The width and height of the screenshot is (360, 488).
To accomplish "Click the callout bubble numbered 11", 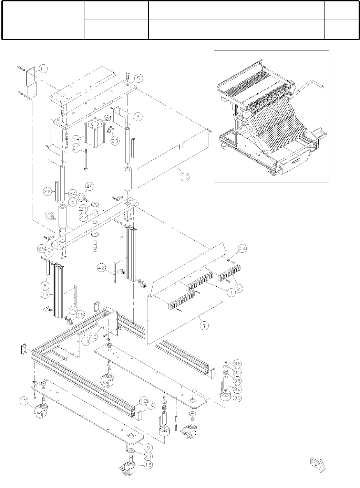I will click(43, 69).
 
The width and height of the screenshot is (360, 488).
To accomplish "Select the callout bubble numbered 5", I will click(138, 78).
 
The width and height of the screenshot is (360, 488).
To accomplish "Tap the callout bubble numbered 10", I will click(185, 177).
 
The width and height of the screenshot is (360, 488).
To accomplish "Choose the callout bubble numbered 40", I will click(90, 187).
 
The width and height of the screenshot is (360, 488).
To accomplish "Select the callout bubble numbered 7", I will click(205, 325).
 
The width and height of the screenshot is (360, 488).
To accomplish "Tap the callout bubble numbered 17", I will click(24, 401).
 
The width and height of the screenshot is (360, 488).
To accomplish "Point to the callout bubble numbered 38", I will click(237, 364).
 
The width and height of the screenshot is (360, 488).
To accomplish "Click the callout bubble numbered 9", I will click(148, 448).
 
